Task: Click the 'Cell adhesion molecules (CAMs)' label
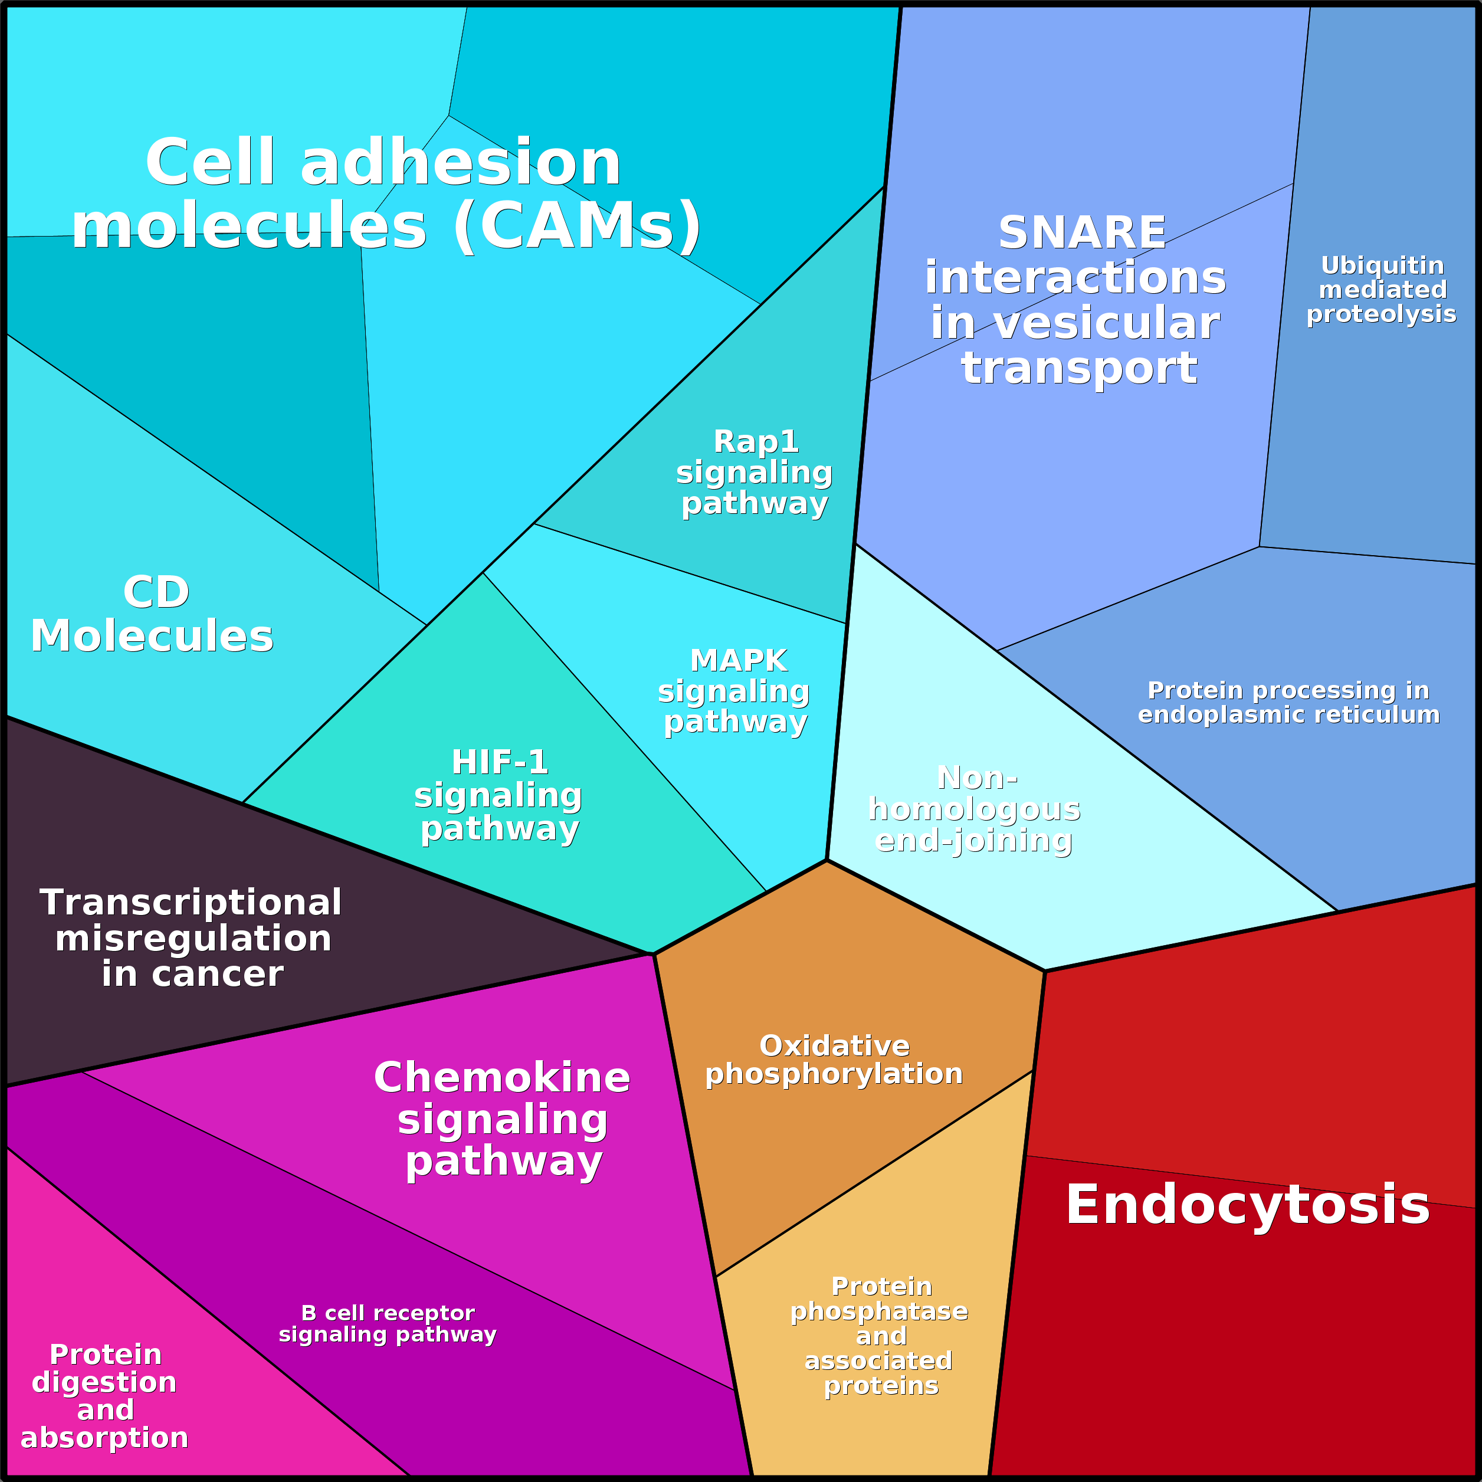(x=385, y=194)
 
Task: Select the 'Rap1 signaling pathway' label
(x=755, y=473)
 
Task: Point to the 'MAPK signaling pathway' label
(x=735, y=691)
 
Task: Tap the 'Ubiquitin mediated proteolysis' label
(x=1382, y=290)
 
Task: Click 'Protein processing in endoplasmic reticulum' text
(x=1288, y=703)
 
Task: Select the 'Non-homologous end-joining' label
(x=974, y=809)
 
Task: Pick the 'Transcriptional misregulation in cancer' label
(x=192, y=938)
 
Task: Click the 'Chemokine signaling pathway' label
(x=503, y=1119)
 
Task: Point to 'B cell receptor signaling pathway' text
(x=388, y=1323)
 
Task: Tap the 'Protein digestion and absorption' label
(x=105, y=1395)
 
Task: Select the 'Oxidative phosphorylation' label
(x=834, y=1060)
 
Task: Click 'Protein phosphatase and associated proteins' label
(x=880, y=1336)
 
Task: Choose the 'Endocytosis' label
(x=1248, y=1204)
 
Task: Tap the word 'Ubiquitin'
(x=1382, y=265)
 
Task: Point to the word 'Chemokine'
(x=503, y=1078)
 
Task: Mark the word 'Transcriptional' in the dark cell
(x=191, y=902)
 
